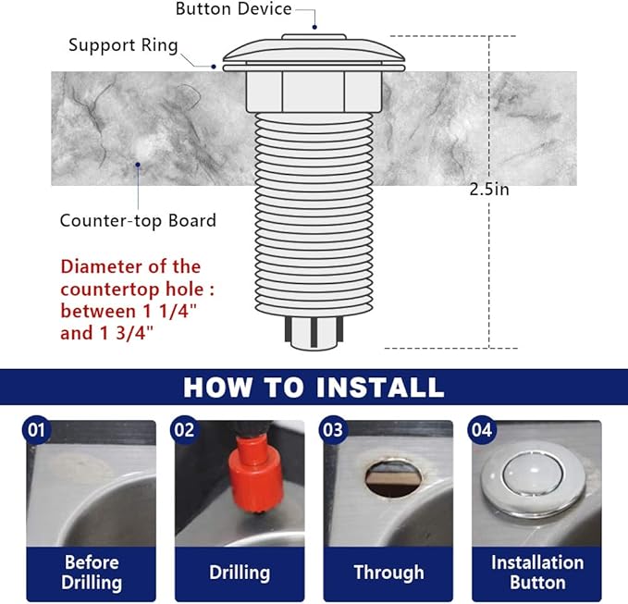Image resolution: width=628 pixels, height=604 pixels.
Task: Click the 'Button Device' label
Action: pyautogui.click(x=233, y=9)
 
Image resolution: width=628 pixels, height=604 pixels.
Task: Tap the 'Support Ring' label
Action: pyautogui.click(x=122, y=45)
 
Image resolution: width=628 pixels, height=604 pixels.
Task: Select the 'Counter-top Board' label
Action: pyautogui.click(x=138, y=220)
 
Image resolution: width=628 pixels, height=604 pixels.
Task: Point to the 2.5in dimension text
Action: pyautogui.click(x=489, y=190)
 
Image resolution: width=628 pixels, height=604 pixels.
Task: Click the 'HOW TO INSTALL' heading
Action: pyautogui.click(x=314, y=386)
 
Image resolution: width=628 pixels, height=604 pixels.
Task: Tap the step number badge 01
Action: pyautogui.click(x=34, y=429)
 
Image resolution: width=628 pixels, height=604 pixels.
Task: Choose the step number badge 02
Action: pyautogui.click(x=184, y=429)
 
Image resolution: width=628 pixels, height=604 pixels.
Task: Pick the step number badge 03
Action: pyautogui.click(x=332, y=429)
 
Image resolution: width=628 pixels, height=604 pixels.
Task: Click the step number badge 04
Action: pyautogui.click(x=482, y=429)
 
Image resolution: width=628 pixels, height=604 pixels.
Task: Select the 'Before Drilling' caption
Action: pyautogui.click(x=92, y=573)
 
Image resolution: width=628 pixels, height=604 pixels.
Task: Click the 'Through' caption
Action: pyautogui.click(x=388, y=573)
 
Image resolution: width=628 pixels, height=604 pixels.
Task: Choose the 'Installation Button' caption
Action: pyautogui.click(x=536, y=573)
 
